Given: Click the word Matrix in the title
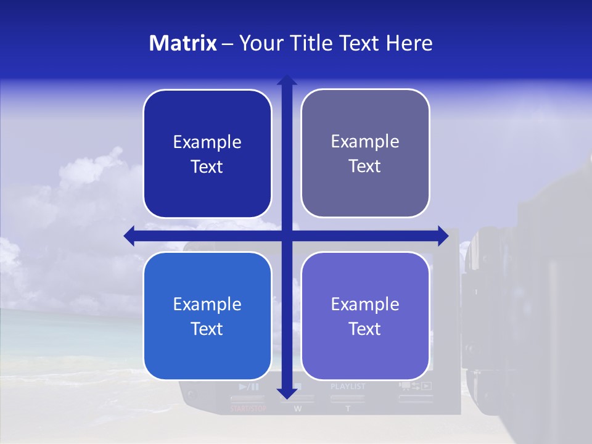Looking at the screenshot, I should pyautogui.click(x=183, y=43).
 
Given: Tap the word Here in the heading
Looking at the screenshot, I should pyautogui.click(x=409, y=43).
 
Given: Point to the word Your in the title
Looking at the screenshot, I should pyautogui.click(x=259, y=43).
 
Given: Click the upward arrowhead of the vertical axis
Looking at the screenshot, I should pyautogui.click(x=287, y=80).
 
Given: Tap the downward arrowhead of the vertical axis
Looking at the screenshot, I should pyautogui.click(x=287, y=393).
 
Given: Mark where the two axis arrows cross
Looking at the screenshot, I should pyautogui.click(x=287, y=236).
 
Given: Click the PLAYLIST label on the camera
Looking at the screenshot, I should pyautogui.click(x=348, y=387).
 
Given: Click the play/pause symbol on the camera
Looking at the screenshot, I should pyautogui.click(x=249, y=387).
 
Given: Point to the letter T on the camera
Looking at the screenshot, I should pyautogui.click(x=348, y=408).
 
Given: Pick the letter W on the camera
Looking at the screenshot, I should pyautogui.click(x=298, y=408).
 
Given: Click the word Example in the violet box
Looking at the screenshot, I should pyautogui.click(x=365, y=304).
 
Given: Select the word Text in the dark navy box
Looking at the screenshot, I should pyautogui.click(x=207, y=167).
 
